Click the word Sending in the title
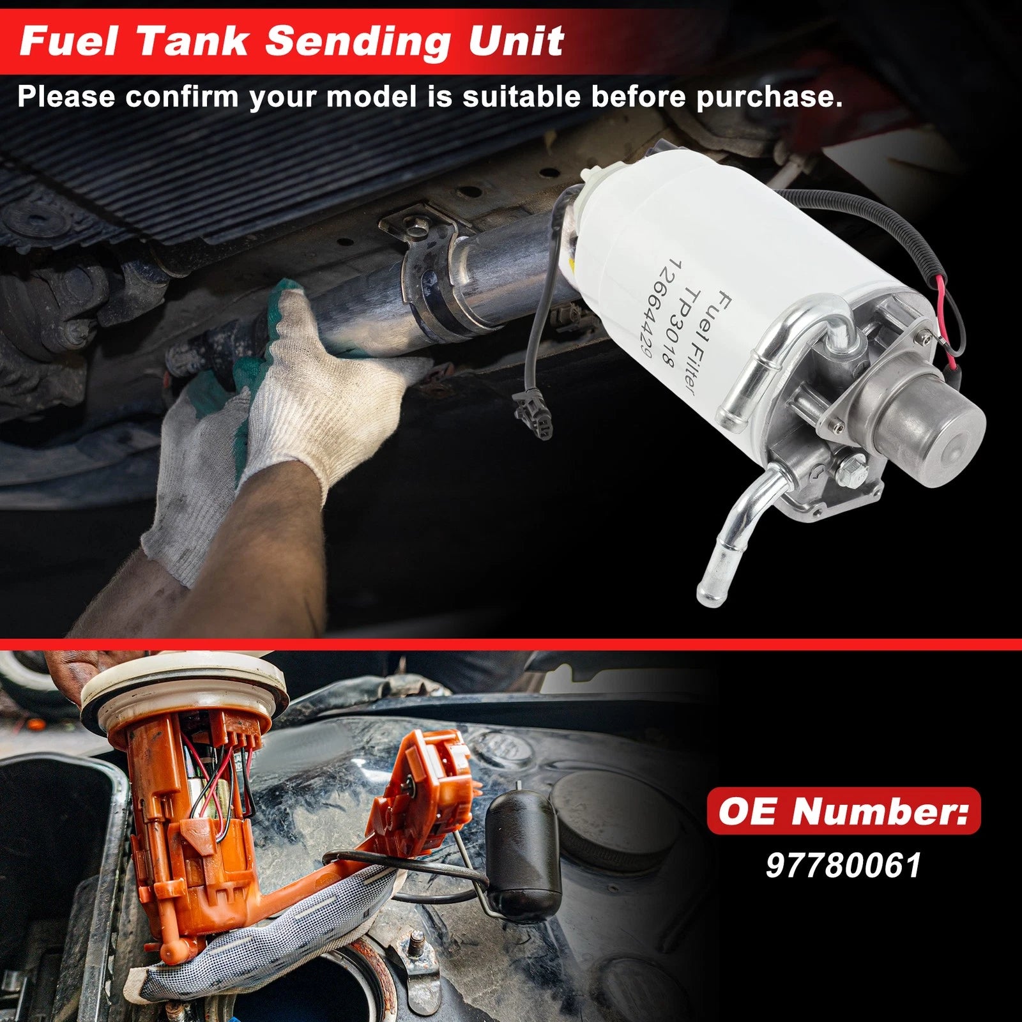pos(358,41)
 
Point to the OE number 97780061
pos(843,866)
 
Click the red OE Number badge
pos(843,811)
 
